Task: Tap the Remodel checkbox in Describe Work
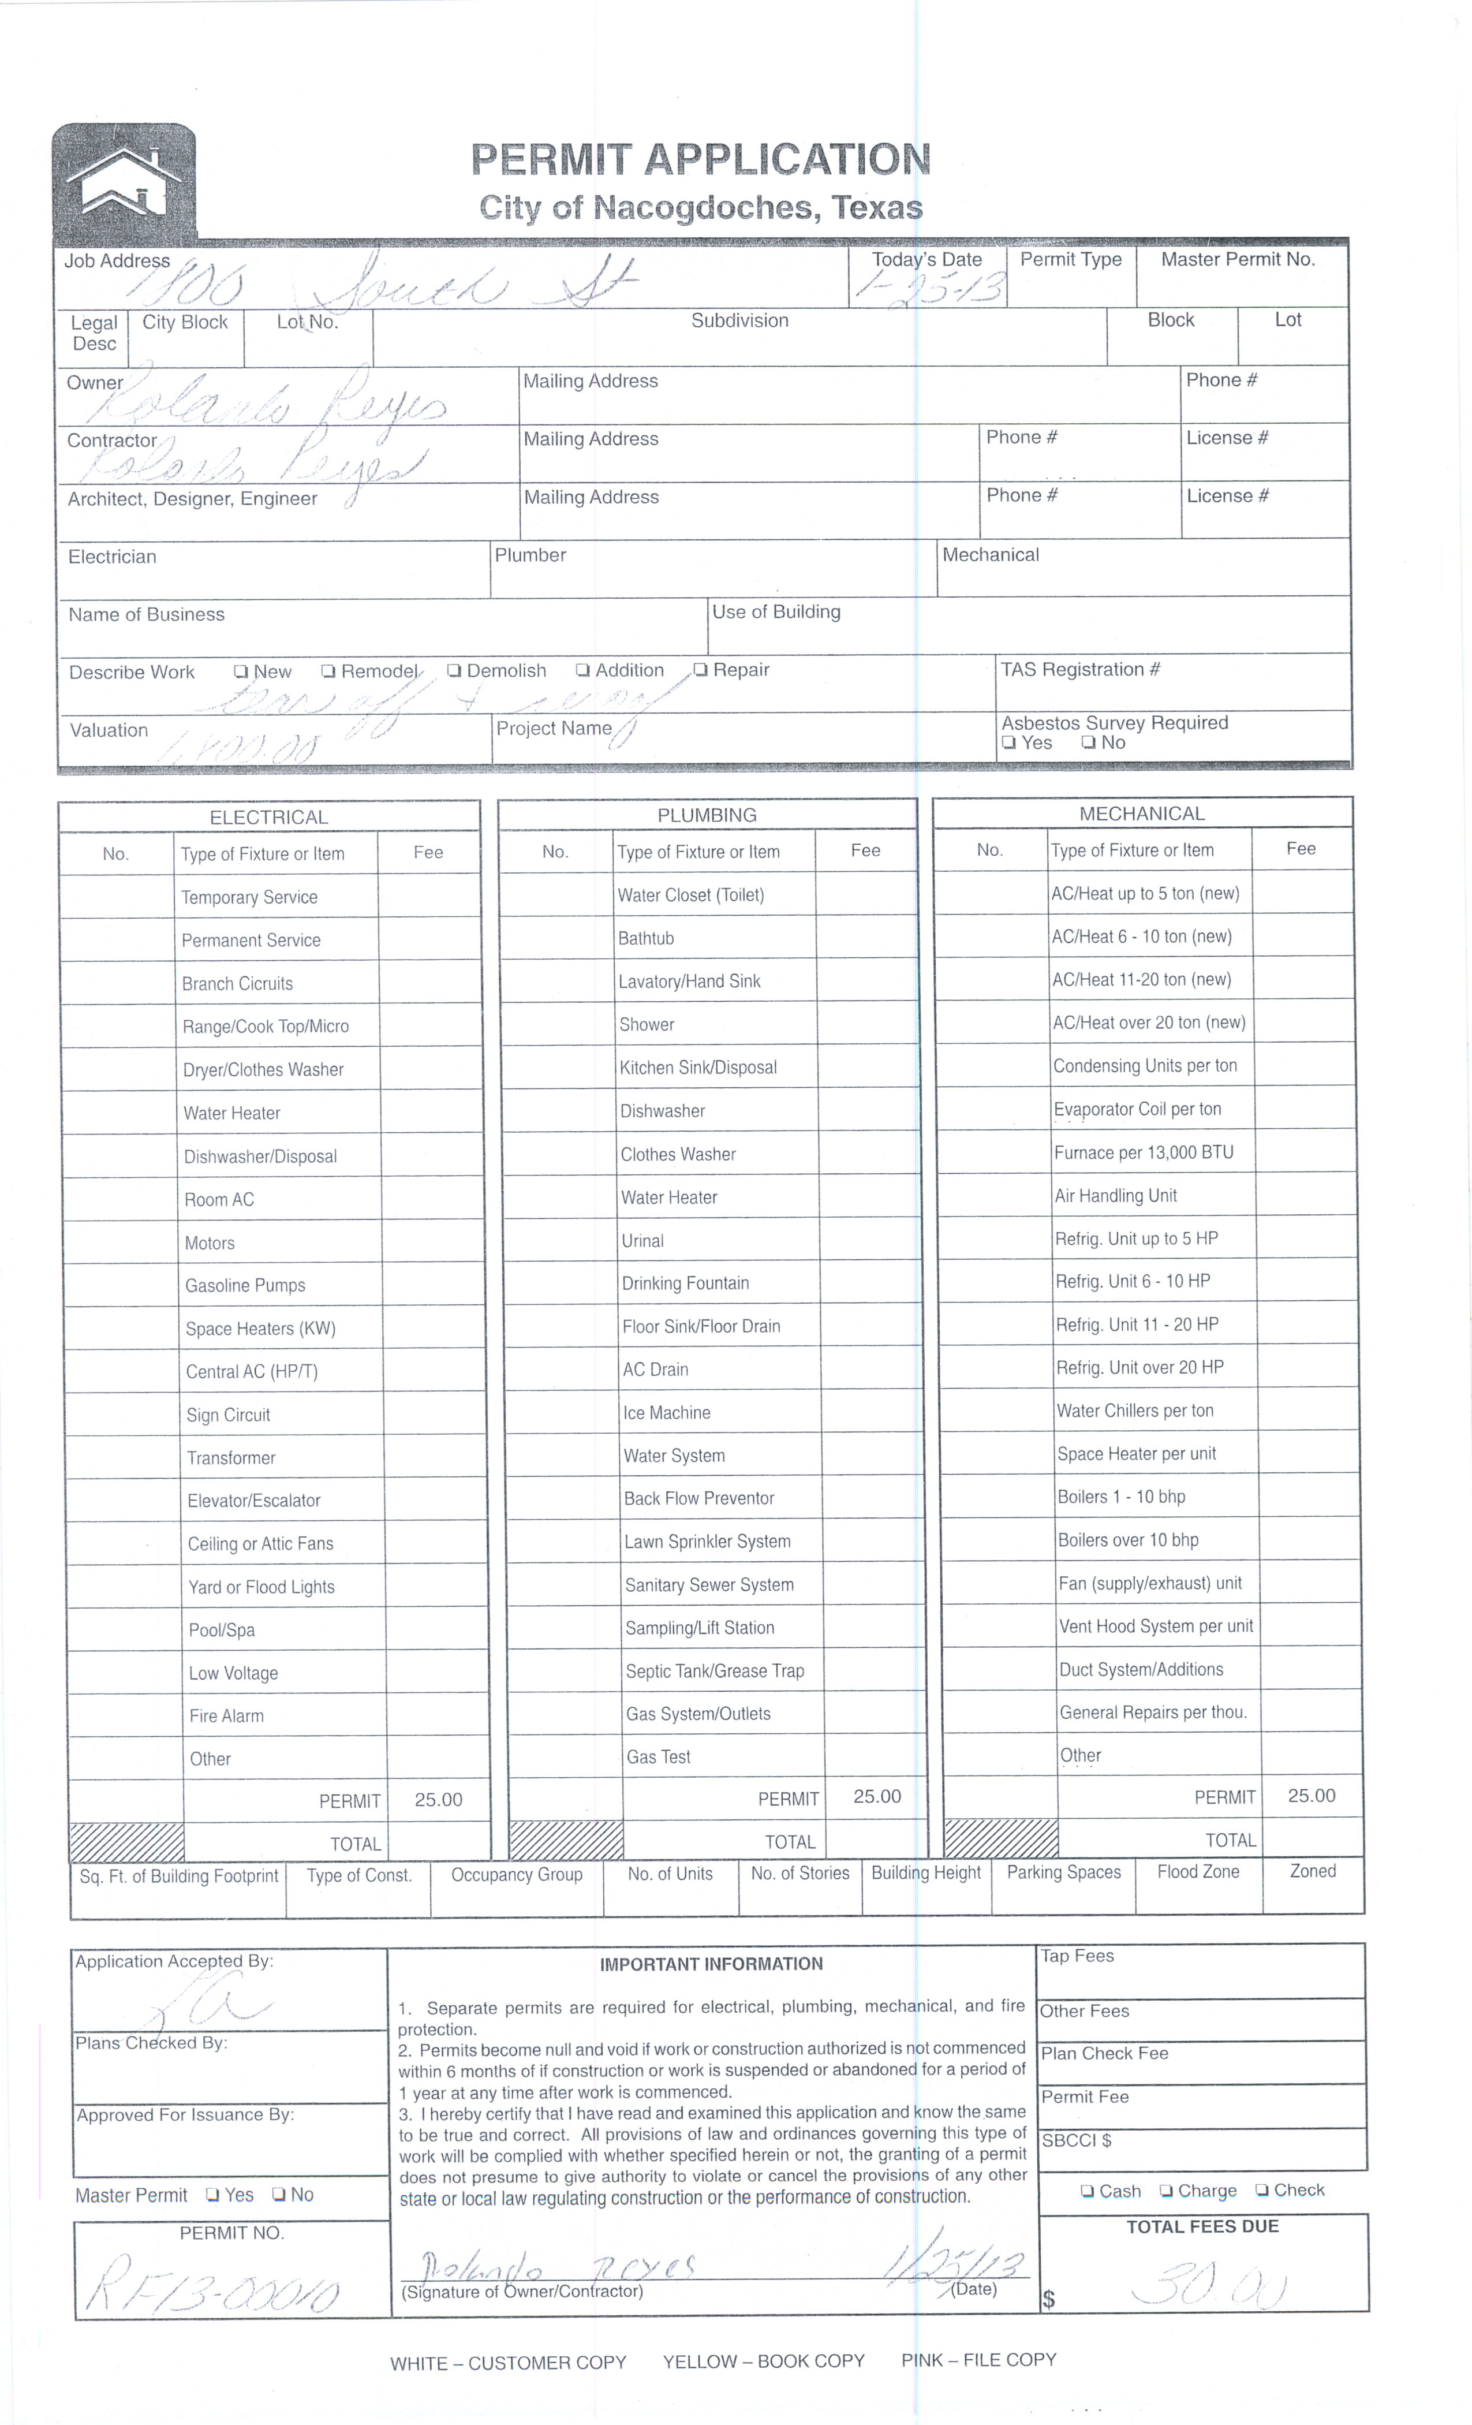328,671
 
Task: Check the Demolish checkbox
454,670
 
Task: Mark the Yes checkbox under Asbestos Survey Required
1008,743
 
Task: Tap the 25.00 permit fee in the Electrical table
438,1800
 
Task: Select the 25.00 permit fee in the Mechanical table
1312,1796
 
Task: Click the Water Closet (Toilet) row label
691,894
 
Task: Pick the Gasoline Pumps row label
245,1285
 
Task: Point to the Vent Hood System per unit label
1155,1626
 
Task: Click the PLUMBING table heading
707,815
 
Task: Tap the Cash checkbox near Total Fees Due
1088,2191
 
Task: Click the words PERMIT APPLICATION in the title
701,159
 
